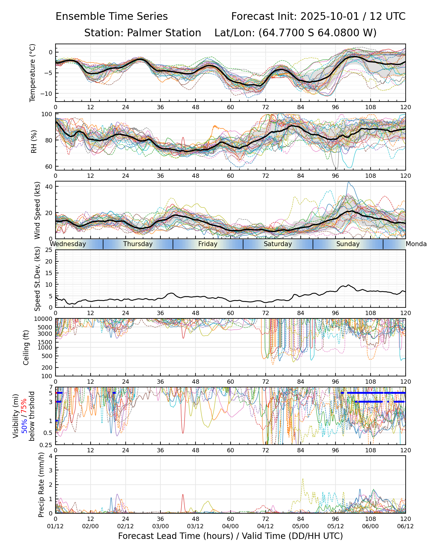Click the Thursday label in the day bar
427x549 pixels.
pyautogui.click(x=138, y=244)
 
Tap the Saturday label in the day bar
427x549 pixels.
pyautogui.click(x=278, y=244)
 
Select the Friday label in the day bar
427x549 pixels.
pyautogui.click(x=208, y=244)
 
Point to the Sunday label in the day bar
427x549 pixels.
pyautogui.click(x=348, y=244)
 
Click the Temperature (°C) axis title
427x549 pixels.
pyautogui.click(x=33, y=73)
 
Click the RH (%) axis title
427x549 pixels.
pyautogui.click(x=34, y=141)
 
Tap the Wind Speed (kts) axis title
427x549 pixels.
pyautogui.click(x=37, y=210)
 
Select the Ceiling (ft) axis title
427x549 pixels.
pyautogui.click(x=26, y=347)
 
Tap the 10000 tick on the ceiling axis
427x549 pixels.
pyautogui.click(x=44, y=319)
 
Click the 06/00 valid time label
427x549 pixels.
pyautogui.click(x=370, y=526)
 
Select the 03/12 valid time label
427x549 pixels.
pyautogui.click(x=195, y=526)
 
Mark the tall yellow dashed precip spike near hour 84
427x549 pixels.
pyautogui.click(x=303, y=479)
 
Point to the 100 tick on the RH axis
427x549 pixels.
pyautogui.click(x=47, y=114)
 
